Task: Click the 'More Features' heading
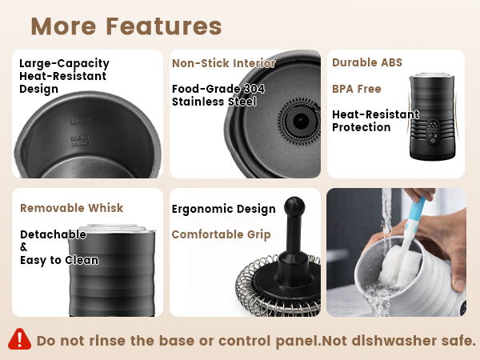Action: [x=126, y=26]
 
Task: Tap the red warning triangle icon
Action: [x=19, y=338]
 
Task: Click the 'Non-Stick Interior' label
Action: [x=223, y=63]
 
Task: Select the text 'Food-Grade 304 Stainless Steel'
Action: [x=218, y=95]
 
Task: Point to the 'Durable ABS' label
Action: [x=366, y=62]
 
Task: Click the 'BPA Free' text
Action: [x=357, y=89]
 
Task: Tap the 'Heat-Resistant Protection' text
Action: [x=374, y=121]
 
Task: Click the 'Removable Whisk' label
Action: [x=71, y=208]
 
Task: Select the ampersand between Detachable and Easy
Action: [x=24, y=247]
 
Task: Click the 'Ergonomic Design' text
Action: [x=223, y=209]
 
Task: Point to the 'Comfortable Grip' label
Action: [x=221, y=234]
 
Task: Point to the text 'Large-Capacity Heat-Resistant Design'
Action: [x=64, y=76]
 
